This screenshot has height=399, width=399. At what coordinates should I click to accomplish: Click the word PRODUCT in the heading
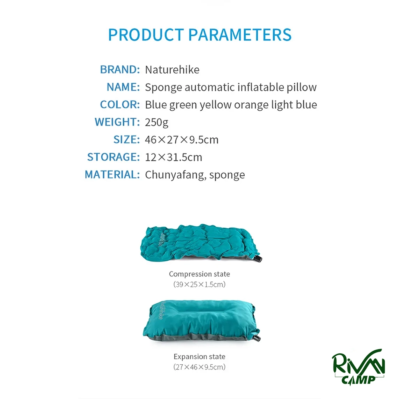tap(146, 34)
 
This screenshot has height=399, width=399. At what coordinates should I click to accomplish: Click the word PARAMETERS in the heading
tap(240, 34)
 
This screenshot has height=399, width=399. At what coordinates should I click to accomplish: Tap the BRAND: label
tap(120, 69)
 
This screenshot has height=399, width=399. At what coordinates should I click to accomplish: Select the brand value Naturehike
tap(172, 70)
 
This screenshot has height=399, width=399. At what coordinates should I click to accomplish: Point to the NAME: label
tap(123, 87)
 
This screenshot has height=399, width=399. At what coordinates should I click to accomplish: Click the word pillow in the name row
tap(302, 88)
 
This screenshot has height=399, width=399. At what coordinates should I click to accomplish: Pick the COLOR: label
tap(120, 104)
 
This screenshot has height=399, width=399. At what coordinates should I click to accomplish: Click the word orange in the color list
tap(251, 105)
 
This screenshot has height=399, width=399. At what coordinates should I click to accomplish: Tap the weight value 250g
tap(157, 122)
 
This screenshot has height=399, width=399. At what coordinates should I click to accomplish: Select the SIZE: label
tap(127, 139)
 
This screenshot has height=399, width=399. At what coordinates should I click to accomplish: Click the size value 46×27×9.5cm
tap(182, 140)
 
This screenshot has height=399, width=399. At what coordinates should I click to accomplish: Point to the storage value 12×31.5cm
tap(173, 157)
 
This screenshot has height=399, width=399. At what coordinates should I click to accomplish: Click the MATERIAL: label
tap(112, 175)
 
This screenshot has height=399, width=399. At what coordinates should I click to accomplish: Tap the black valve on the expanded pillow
tap(257, 338)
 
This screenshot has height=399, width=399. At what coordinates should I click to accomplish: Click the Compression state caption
tap(199, 274)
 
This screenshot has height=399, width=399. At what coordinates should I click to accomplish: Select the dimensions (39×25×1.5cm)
tap(199, 284)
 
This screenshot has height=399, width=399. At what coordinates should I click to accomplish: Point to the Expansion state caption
tap(199, 357)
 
